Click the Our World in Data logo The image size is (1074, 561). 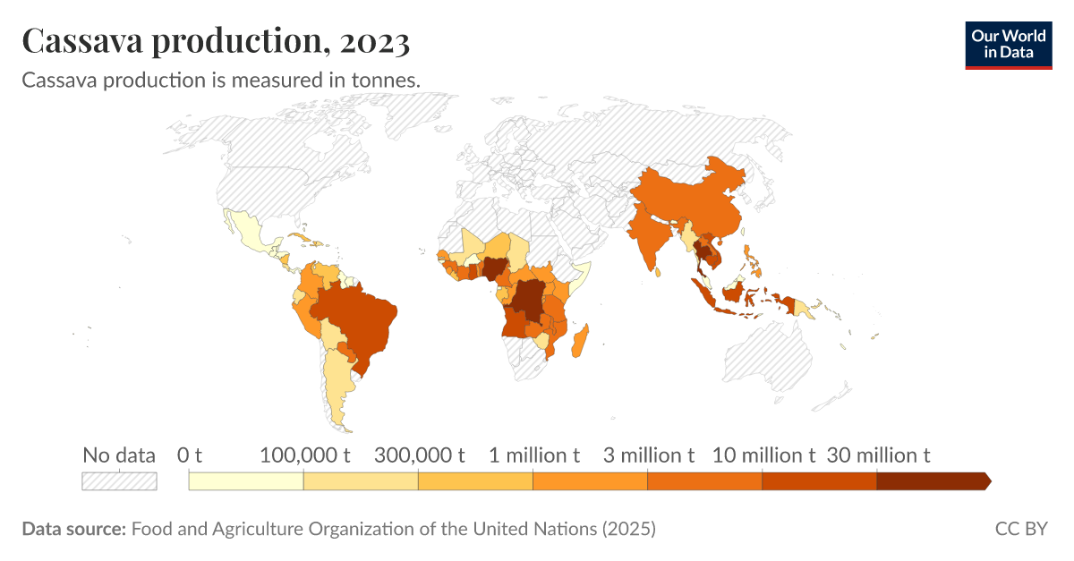point(1008,44)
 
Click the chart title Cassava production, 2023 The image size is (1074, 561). point(216,41)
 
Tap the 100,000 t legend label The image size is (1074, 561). point(304,455)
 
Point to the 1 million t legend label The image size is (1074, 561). point(534,455)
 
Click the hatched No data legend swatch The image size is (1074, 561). point(119,481)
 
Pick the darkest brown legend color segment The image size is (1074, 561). point(931,481)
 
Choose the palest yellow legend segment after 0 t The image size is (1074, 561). point(246,481)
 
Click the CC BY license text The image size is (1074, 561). point(1020,529)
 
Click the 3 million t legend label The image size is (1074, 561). point(649,455)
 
